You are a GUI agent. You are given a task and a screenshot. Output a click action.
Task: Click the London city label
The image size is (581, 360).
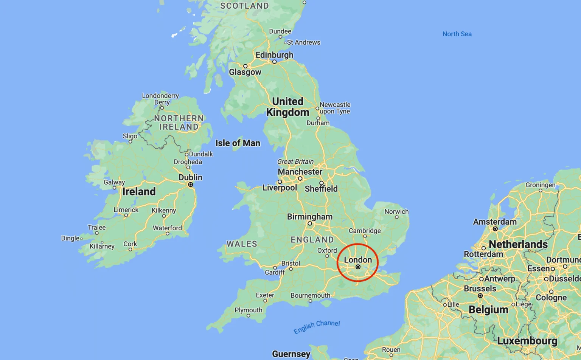tap(358, 260)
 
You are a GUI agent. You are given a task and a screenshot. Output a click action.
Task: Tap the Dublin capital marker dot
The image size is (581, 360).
tap(191, 185)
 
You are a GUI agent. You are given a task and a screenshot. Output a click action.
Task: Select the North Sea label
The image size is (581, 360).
tap(457, 34)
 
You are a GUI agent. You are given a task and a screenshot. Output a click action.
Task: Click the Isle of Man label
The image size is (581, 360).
tap(238, 143)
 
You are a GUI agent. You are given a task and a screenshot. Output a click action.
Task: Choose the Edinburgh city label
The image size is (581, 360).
tap(274, 55)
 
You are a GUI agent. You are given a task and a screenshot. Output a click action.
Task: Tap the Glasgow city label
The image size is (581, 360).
tap(245, 72)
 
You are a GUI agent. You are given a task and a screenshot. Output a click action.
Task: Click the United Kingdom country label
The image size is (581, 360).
tap(287, 107)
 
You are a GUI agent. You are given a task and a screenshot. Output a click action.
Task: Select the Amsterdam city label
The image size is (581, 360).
tap(494, 222)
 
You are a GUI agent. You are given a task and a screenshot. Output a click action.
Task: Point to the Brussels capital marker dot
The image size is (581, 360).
tap(480, 296)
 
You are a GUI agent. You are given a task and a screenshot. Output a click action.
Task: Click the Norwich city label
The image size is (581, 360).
tap(396, 211)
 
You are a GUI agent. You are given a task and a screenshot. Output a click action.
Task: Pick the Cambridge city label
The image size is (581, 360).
tap(365, 231)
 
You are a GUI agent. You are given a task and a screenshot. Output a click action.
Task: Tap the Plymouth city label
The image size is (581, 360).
tap(248, 310)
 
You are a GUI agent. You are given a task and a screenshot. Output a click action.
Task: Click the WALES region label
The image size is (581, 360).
tap(242, 244)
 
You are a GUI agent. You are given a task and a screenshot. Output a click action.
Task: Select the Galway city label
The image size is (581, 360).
tap(114, 182)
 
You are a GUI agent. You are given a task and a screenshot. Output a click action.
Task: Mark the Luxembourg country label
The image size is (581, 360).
tap(527, 341)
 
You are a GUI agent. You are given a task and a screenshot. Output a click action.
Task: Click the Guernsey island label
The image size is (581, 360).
tap(291, 354)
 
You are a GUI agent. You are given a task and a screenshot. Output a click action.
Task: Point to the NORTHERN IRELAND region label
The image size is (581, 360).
tap(179, 123)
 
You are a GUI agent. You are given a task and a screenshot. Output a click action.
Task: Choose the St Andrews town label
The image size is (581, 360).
tap(303, 42)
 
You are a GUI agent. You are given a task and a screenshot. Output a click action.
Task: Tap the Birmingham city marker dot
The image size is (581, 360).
tap(310, 223)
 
